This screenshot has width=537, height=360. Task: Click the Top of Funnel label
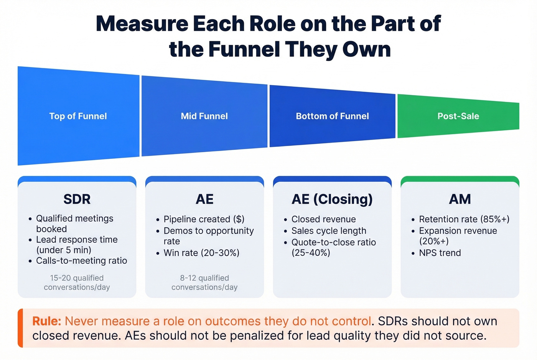tap(78, 116)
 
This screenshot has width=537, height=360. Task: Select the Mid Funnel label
tap(204, 116)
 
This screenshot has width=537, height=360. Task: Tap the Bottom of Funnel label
tap(332, 116)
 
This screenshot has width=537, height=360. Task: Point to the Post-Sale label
tap(458, 116)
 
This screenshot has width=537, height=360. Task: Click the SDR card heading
tap(77, 199)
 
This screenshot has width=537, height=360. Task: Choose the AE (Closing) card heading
tap(332, 199)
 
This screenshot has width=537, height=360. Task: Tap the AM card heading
tap(460, 199)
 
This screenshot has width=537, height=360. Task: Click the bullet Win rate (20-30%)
tap(201, 253)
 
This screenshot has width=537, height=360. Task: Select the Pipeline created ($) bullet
tap(204, 219)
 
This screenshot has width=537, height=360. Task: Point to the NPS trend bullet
tap(440, 253)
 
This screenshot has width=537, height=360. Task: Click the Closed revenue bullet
tap(323, 219)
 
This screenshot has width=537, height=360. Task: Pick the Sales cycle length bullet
tap(329, 231)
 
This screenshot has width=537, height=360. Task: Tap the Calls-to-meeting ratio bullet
tap(81, 261)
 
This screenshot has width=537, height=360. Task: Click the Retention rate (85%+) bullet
tap(464, 219)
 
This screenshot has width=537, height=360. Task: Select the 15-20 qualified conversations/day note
tap(77, 283)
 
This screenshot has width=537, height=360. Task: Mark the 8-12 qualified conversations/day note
tap(204, 283)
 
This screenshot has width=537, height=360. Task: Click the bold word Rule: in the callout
tap(46, 321)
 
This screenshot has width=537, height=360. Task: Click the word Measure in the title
tap(142, 24)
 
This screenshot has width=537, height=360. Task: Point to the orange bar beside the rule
tap(20, 328)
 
